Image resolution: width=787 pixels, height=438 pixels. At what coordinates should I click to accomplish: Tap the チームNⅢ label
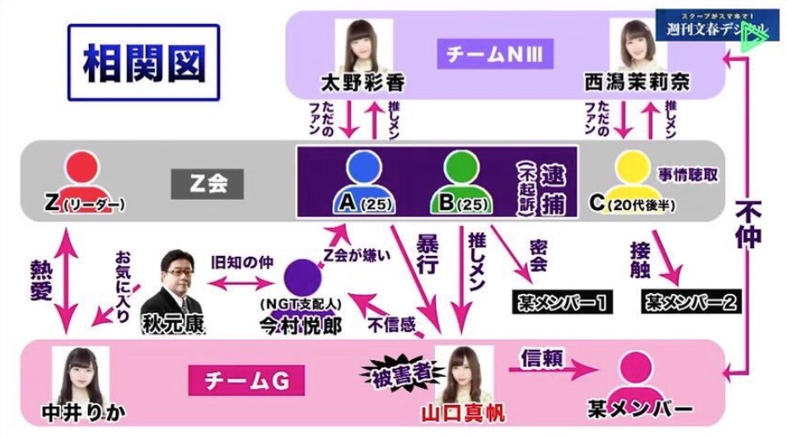tap(495, 57)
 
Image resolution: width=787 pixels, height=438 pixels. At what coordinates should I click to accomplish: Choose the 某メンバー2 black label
tap(681, 301)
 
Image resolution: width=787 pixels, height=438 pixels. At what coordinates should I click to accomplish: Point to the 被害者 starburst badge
tap(395, 373)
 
